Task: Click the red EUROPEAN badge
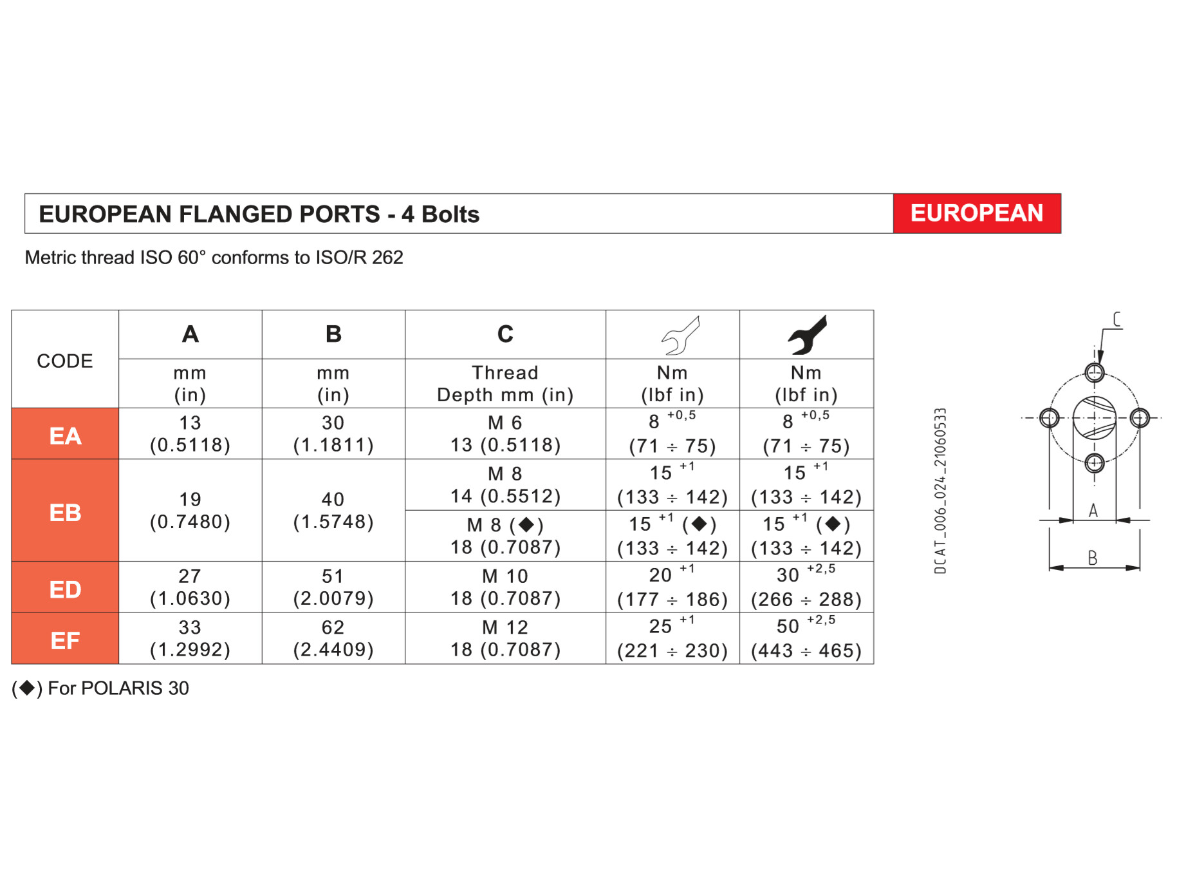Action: [x=976, y=213]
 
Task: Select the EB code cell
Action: [x=65, y=513]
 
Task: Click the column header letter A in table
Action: [x=190, y=334]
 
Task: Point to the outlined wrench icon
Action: [x=681, y=336]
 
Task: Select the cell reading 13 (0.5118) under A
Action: [x=190, y=434]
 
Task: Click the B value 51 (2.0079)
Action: [x=333, y=587]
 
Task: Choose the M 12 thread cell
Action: [x=505, y=638]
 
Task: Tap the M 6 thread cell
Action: [x=505, y=434]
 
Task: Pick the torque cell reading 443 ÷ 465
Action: [x=806, y=639]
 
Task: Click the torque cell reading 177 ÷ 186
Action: [x=672, y=587]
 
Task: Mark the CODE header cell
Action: [x=65, y=361]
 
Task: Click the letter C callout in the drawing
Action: [x=1117, y=319]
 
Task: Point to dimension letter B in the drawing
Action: [x=1092, y=558]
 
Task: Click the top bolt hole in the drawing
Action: [x=1095, y=372]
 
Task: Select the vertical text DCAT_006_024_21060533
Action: [x=940, y=491]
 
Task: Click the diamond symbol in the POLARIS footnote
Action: [x=27, y=688]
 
